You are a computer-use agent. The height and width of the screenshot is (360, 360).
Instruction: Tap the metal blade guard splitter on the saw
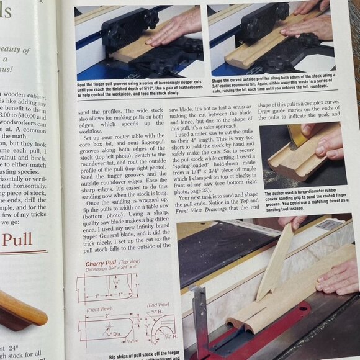click(x=200, y=317)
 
